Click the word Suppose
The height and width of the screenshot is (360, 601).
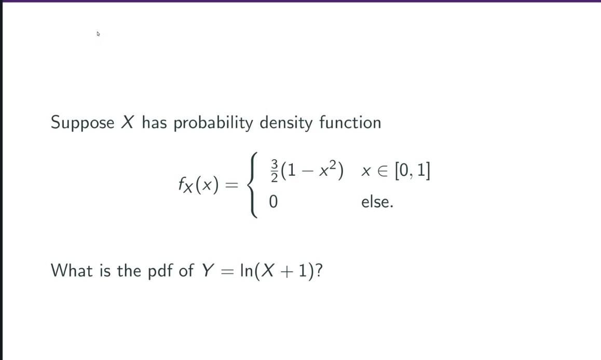(83, 123)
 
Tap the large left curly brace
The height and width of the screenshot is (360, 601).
(253, 185)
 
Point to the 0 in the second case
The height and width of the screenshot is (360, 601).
(273, 202)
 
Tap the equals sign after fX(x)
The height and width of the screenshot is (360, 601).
(232, 185)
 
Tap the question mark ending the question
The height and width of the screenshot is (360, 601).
(318, 270)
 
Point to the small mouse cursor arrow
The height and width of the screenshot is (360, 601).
(98, 34)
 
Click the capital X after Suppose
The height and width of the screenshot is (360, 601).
(128, 122)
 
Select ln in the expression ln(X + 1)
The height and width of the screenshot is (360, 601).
(245, 270)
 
